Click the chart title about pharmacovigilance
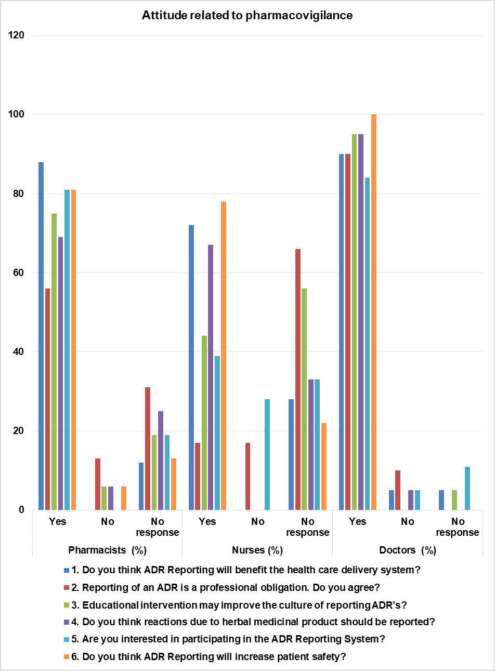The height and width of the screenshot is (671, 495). [x=247, y=16]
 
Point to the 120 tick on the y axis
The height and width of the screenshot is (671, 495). [x=17, y=35]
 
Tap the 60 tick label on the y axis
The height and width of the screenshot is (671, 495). [x=19, y=273]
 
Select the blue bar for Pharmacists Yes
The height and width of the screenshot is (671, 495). [x=41, y=336]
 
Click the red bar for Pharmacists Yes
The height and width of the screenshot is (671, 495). [x=47, y=399]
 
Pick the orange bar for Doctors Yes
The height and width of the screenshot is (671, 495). [x=373, y=312]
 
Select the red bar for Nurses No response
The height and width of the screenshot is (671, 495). [x=298, y=379]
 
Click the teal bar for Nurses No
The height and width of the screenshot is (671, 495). [x=267, y=454]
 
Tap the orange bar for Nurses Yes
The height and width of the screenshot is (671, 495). [x=223, y=356]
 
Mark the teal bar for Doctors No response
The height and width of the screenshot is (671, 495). [x=467, y=488]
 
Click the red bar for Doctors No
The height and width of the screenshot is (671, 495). [x=398, y=490]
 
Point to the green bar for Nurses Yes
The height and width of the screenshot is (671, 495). [x=204, y=423]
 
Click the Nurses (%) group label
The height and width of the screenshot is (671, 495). [x=257, y=550]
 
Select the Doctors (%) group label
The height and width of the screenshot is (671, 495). [x=407, y=550]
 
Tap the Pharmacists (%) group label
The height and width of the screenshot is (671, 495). [x=107, y=550]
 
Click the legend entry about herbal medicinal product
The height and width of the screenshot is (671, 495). [x=258, y=622]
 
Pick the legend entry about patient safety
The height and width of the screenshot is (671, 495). [x=214, y=656]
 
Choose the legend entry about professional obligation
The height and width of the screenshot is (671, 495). [x=231, y=587]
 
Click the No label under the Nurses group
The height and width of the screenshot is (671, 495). [x=258, y=521]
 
